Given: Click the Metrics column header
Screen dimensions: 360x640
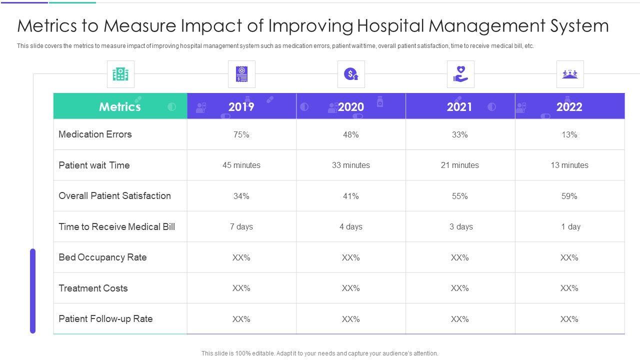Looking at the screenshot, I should pos(120,106).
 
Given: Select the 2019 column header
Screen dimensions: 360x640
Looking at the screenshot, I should pos(241,106).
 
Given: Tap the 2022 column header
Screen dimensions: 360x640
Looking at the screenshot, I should pos(569,106).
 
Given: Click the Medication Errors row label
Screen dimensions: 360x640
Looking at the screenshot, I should pos(95,134).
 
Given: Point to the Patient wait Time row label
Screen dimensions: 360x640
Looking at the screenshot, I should pos(94,165).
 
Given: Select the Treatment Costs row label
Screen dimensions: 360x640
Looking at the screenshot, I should pos(93,288).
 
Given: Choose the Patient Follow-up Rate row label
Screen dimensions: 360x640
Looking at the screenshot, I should pos(105,319).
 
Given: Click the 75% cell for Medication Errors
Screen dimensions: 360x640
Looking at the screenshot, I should pos(241,135).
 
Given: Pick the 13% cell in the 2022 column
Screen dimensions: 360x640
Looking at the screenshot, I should pos(569,135).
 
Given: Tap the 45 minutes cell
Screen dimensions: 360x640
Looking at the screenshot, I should pos(241,165).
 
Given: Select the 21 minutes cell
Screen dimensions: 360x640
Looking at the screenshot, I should pos(460,165).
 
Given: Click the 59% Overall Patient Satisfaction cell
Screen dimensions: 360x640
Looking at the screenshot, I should pos(569,196).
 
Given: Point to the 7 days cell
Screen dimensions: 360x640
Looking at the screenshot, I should pos(241,227).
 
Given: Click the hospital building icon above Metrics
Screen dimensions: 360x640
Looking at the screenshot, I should pos(120,74).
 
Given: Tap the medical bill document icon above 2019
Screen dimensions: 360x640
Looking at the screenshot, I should pos(241,74).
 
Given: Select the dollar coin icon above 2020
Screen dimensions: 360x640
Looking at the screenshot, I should pos(351,74).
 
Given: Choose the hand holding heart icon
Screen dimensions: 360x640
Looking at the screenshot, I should pos(460,74).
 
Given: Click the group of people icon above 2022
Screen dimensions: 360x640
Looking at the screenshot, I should pos(570,74).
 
